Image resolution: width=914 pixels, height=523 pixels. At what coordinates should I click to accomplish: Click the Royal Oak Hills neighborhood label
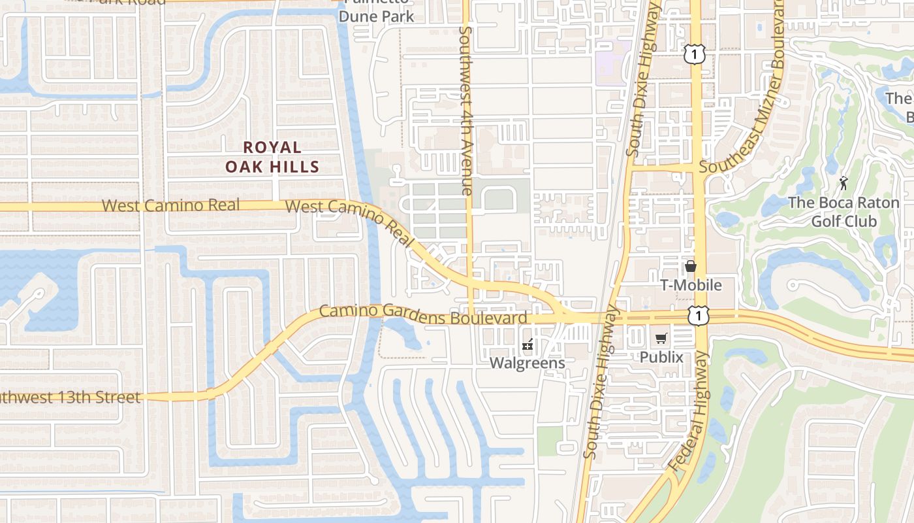[272, 157]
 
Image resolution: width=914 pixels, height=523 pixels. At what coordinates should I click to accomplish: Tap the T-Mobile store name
[691, 285]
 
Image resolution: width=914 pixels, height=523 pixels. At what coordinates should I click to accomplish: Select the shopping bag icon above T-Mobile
[691, 267]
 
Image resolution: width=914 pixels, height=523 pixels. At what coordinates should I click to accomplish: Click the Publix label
[661, 357]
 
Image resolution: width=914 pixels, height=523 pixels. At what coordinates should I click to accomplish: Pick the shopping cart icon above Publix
[661, 339]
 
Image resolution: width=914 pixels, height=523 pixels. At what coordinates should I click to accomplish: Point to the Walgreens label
[528, 362]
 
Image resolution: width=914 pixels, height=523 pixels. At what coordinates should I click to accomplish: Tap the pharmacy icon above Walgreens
[528, 345]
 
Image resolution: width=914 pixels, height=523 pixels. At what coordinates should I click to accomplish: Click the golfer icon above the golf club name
[843, 183]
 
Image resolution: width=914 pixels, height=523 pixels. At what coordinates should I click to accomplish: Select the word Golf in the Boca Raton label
[827, 221]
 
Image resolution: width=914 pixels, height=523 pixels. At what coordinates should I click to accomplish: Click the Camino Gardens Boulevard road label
[423, 314]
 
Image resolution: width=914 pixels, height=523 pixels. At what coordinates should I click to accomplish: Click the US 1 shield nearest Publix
[699, 316]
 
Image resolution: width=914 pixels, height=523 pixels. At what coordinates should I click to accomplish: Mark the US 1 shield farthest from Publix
[694, 55]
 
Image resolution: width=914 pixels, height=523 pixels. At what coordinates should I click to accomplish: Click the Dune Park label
[377, 16]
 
